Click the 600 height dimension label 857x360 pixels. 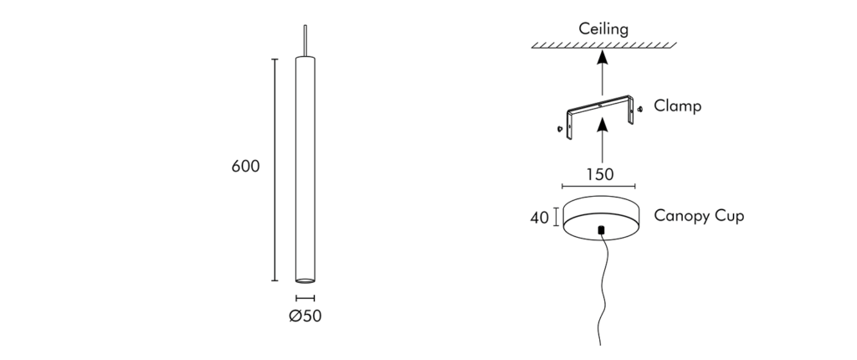click(x=245, y=167)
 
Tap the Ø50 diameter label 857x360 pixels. click(x=305, y=316)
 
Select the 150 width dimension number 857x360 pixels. click(x=599, y=174)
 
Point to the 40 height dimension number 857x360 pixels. click(x=540, y=218)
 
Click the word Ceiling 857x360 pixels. click(x=603, y=29)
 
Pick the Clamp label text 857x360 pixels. click(x=677, y=105)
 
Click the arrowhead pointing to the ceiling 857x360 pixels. click(x=603, y=58)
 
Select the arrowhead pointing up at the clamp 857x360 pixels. click(x=603, y=125)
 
